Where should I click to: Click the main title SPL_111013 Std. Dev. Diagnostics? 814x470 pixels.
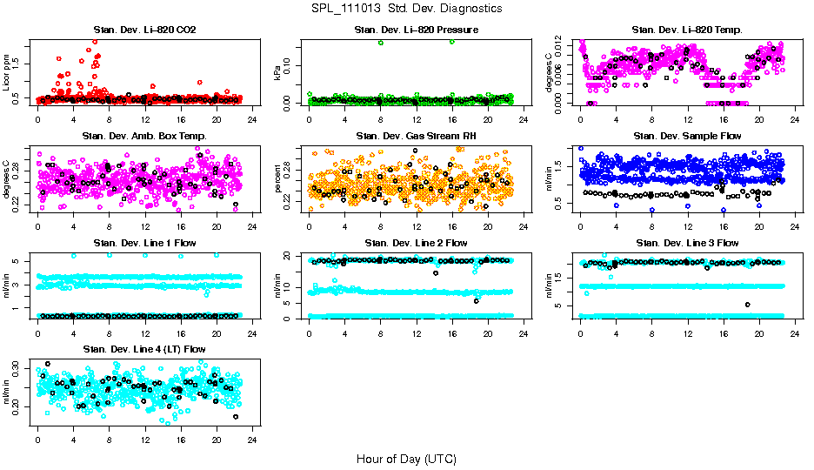[x=406, y=8]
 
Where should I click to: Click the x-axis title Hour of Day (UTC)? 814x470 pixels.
[x=406, y=458]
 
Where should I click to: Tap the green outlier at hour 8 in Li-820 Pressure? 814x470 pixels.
[x=381, y=43]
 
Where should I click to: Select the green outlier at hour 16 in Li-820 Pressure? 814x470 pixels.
[x=452, y=42]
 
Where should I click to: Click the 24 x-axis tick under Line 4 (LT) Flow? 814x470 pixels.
[x=251, y=440]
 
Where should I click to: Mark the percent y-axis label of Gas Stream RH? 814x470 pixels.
[x=278, y=179]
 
